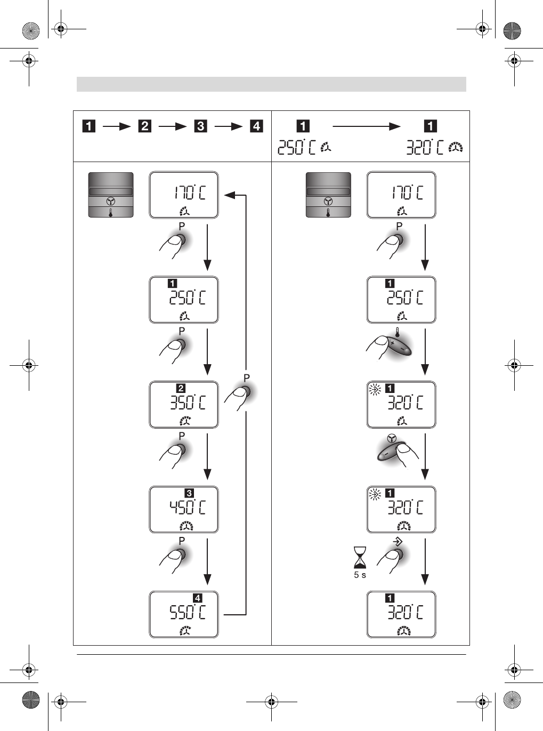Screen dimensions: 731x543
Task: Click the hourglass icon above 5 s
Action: (360, 558)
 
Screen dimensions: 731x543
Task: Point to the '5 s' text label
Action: (360, 575)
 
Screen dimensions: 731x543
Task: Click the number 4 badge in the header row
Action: (257, 126)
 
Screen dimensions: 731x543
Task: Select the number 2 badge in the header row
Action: (144, 126)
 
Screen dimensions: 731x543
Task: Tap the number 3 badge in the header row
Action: (201, 126)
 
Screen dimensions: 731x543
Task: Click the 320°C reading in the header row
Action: (425, 147)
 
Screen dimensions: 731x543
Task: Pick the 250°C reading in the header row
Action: (297, 147)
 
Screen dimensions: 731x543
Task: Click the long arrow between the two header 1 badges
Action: (366, 126)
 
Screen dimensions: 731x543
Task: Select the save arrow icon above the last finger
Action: (398, 541)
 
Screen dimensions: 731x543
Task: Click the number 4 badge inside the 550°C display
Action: (198, 598)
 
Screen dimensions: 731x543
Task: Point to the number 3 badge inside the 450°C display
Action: (189, 493)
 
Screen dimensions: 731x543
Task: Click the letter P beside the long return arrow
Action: (246, 377)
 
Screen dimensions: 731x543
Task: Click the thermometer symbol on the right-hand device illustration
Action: (328, 213)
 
